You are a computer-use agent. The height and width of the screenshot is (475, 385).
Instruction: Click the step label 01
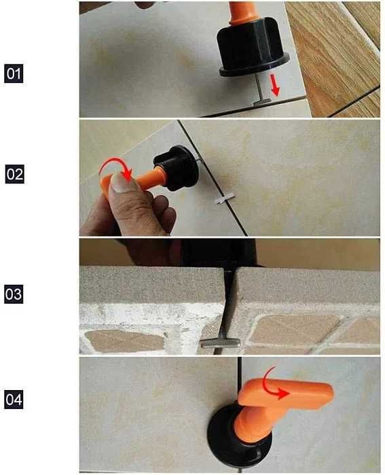(14, 73)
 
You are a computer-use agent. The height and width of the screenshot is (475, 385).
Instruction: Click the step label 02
(14, 175)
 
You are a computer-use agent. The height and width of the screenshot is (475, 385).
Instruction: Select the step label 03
(14, 296)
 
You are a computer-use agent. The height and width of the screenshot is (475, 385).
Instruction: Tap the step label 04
(14, 400)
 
